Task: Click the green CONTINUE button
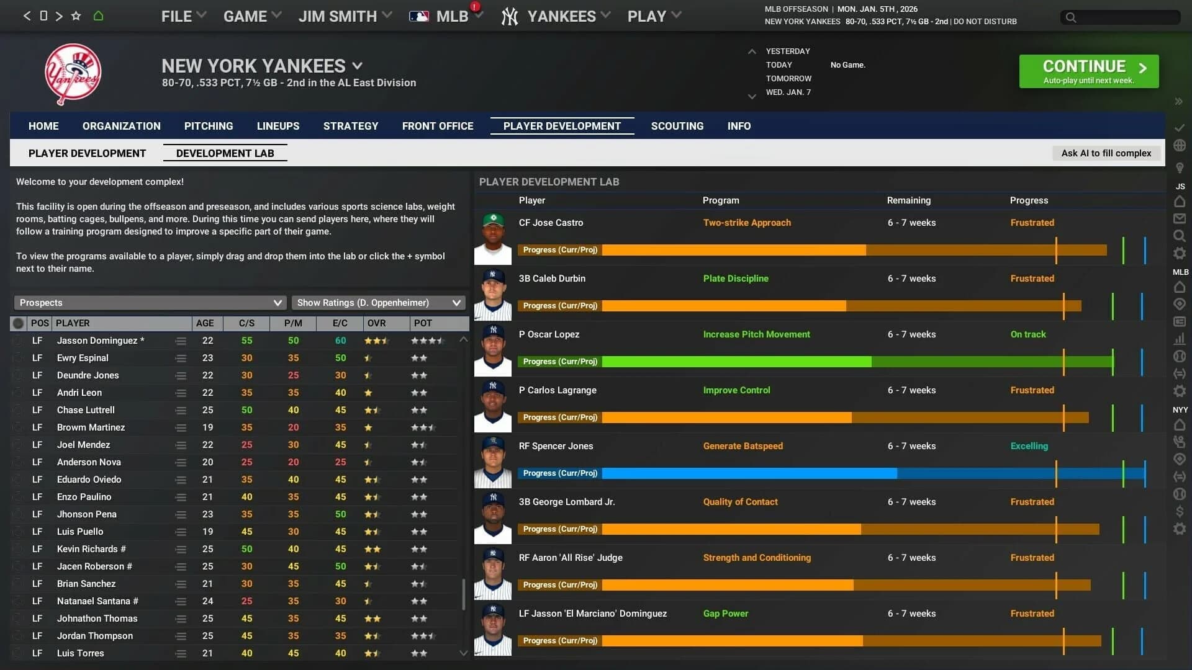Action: [1088, 71]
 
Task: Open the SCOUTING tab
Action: [677, 126]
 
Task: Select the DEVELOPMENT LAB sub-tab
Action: [225, 153]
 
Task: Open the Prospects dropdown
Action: [150, 303]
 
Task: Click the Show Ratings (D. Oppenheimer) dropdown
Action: [378, 303]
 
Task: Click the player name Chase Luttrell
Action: [86, 410]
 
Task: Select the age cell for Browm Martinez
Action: [207, 427]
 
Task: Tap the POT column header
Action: [423, 323]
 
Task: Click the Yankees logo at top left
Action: [73, 74]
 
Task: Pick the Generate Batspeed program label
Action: [743, 446]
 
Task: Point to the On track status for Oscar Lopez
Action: [1028, 334]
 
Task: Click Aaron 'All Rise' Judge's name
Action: [571, 558]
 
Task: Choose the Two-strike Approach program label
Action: [747, 223]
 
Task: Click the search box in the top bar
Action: [1121, 17]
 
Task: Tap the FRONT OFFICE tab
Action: [438, 126]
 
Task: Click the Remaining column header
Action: [908, 200]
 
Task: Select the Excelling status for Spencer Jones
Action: [1029, 446]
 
